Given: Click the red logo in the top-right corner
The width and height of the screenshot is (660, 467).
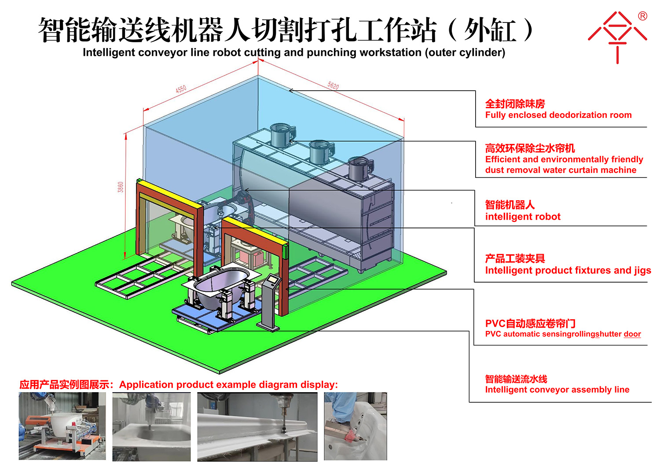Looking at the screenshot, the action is tap(618, 37).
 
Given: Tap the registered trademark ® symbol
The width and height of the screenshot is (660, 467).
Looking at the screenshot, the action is tap(642, 16).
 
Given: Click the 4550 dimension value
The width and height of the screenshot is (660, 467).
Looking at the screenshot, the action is tap(181, 89).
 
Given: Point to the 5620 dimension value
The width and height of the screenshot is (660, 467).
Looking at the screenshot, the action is tap(333, 85).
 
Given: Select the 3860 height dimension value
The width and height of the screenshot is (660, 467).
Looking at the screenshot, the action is tap(121, 187).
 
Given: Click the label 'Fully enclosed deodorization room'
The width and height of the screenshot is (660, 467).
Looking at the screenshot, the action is tap(558, 115).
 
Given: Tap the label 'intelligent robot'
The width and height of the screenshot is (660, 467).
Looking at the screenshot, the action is tap(523, 217).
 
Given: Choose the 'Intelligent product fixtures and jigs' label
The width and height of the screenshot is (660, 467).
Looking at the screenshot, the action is tap(568, 270).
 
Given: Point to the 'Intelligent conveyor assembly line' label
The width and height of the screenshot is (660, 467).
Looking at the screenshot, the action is tap(557, 390).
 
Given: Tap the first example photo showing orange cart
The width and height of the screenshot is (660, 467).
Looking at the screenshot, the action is tap(62, 426).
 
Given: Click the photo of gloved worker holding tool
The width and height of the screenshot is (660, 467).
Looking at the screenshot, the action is tap(356, 426).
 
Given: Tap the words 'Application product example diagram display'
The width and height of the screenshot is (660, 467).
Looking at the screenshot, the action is tap(228, 385).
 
